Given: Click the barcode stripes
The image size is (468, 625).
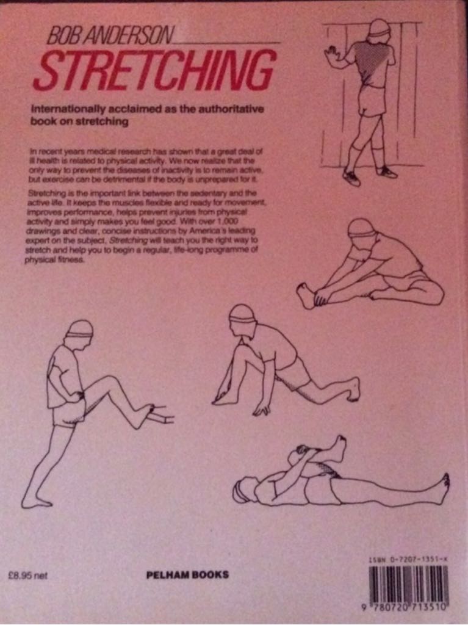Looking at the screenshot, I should (x=408, y=584).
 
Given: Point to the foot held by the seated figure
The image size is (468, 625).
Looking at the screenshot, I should (x=307, y=295).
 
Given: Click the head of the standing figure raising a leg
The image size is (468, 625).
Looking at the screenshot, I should (x=80, y=333).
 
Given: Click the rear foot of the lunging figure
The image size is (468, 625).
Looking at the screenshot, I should (x=353, y=389).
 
